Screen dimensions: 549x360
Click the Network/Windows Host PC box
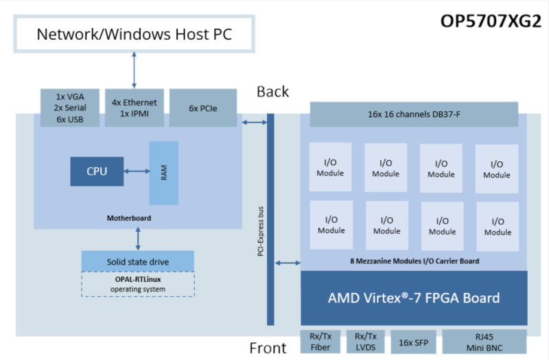[134, 34]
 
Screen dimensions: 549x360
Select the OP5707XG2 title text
[491, 21]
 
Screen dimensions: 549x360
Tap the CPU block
[97, 171]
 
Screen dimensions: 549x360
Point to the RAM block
[164, 173]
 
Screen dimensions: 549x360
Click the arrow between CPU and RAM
[137, 171]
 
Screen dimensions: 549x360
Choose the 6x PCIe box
[203, 108]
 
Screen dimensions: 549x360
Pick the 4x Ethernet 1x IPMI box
[135, 108]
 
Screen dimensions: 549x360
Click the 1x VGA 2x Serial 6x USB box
[70, 108]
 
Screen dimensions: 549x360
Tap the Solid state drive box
[138, 261]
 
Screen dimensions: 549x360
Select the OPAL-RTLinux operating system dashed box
[138, 284]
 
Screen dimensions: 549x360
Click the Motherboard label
[129, 218]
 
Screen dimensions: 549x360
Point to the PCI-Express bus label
[261, 231]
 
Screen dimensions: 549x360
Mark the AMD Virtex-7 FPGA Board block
[414, 298]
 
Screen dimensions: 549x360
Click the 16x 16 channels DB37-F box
[414, 114]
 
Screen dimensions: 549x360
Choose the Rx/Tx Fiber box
[320, 341]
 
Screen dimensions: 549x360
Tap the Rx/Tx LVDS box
[366, 341]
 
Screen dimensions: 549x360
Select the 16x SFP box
[414, 342]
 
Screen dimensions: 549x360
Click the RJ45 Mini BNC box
[484, 341]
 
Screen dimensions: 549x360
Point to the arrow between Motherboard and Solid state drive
[138, 239]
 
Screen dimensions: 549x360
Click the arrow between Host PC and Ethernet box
[134, 70]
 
